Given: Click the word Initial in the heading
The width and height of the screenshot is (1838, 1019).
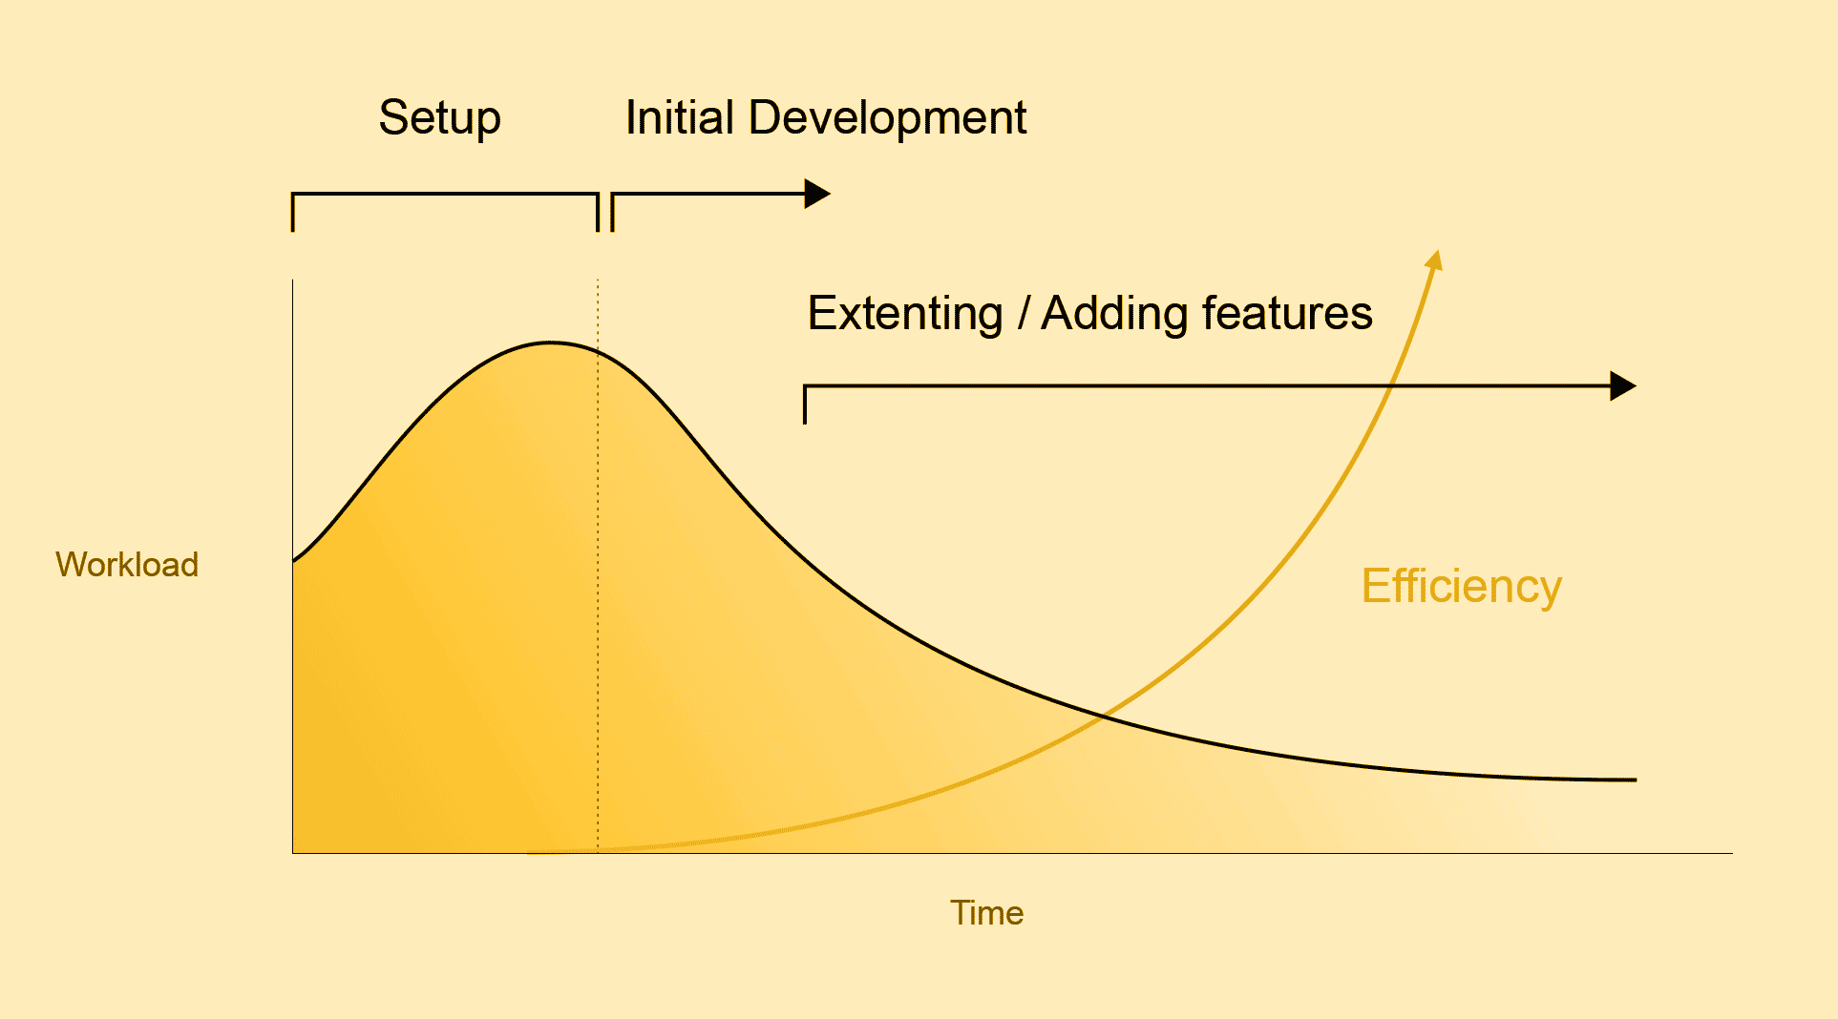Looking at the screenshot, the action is click(x=681, y=117).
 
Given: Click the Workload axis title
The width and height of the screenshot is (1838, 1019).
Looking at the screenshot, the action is click(x=127, y=564).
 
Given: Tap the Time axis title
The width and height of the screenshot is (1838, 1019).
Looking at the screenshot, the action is click(x=986, y=913).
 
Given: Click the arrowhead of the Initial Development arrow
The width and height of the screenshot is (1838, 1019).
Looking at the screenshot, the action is click(x=817, y=194).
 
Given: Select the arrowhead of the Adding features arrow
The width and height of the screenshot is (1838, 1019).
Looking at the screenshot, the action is click(x=1623, y=386).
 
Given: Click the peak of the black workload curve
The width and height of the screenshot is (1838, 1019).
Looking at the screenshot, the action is click(x=550, y=343).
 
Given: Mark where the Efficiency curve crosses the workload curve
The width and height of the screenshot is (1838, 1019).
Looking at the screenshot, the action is click(x=1102, y=715).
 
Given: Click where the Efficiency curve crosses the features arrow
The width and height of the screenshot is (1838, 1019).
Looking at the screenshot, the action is click(x=1392, y=386).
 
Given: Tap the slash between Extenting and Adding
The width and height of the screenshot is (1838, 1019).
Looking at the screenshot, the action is click(x=1023, y=314).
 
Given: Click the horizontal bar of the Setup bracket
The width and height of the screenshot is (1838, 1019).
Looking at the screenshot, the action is click(x=445, y=195).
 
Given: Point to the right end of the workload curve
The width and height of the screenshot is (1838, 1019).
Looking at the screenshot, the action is click(x=1636, y=780).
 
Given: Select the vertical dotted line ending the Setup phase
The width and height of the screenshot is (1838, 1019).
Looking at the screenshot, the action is click(x=598, y=566).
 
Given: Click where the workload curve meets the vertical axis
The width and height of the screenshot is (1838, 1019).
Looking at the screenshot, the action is click(x=293, y=561).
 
